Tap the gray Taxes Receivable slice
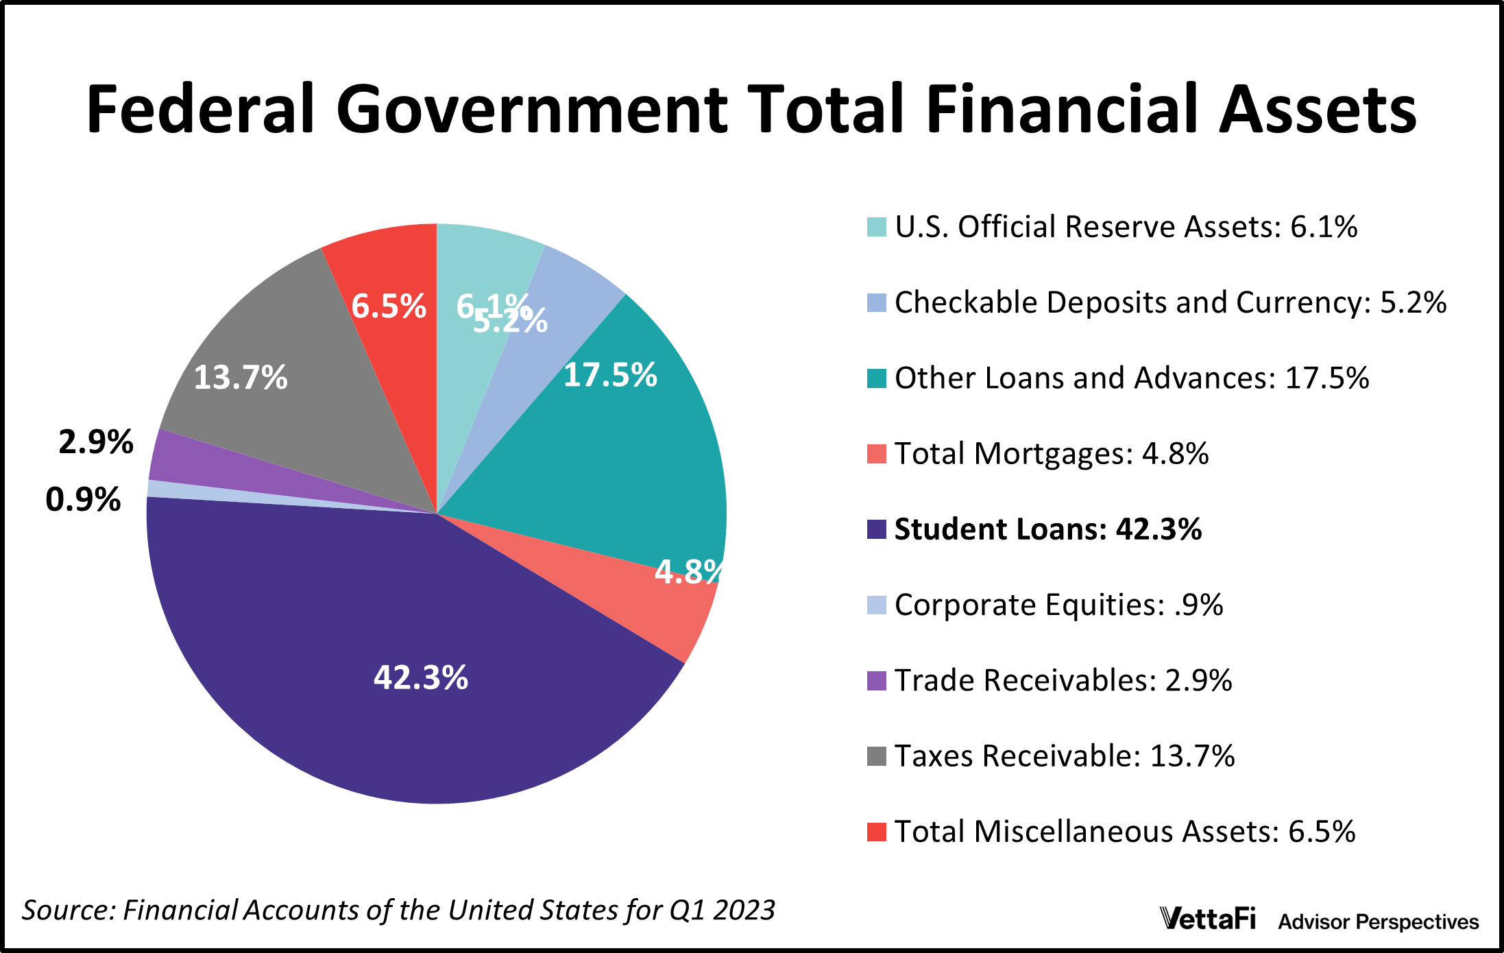[x=288, y=411]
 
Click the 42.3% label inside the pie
[x=420, y=677]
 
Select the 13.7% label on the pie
[x=241, y=378]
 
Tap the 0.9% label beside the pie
[x=83, y=499]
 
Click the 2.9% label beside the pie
[x=96, y=442]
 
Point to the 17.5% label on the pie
[x=610, y=375]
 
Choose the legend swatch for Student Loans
[x=877, y=529]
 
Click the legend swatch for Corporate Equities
[x=877, y=605]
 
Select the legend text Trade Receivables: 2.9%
[x=1063, y=680]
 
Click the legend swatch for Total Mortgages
[x=877, y=454]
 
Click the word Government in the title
[x=531, y=110]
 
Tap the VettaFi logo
[x=1208, y=919]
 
